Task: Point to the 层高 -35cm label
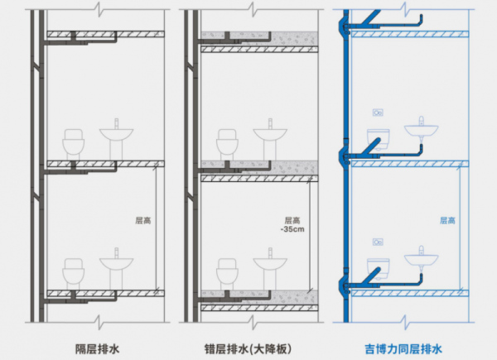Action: (291, 225)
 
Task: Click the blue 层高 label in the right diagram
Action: (447, 221)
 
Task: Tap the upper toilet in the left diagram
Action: (75, 143)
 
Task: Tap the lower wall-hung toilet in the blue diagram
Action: (379, 266)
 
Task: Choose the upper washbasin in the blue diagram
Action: (422, 129)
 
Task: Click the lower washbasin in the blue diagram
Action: (422, 258)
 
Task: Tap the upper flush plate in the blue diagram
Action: (378, 112)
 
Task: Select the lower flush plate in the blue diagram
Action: (378, 242)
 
